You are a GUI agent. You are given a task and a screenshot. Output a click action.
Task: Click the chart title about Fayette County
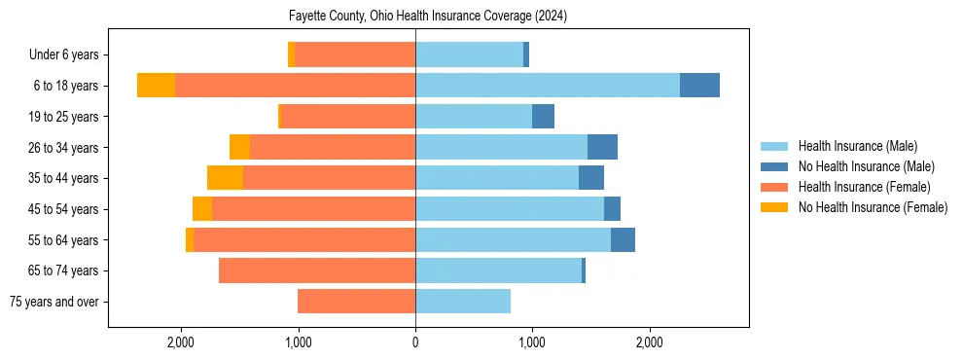click(x=428, y=17)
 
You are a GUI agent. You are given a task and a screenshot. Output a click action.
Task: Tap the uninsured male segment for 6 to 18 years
click(x=699, y=86)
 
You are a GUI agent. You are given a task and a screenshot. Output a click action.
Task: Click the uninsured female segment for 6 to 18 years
click(x=156, y=86)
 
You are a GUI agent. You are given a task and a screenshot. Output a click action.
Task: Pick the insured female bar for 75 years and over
click(x=356, y=302)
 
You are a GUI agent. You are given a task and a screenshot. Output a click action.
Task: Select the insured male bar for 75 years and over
click(x=463, y=302)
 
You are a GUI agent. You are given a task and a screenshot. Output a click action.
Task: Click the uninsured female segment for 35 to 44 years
click(x=225, y=178)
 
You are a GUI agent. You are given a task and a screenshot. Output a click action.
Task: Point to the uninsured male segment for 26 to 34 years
click(x=602, y=147)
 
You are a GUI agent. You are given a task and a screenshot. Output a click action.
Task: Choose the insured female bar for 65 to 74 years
click(x=317, y=270)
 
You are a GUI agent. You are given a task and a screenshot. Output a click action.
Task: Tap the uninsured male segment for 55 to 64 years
click(x=623, y=239)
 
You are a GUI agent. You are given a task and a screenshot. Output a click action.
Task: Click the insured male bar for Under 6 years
click(x=469, y=54)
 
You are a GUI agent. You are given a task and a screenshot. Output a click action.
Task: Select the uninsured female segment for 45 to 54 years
click(x=202, y=209)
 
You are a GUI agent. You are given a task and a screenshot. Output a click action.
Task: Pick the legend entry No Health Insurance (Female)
click(x=872, y=207)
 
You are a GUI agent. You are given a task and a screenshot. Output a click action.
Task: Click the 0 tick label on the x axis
click(x=415, y=342)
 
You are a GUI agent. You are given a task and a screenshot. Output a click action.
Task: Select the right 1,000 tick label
click(x=532, y=342)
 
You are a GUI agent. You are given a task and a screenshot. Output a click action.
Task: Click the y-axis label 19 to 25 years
click(x=63, y=117)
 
